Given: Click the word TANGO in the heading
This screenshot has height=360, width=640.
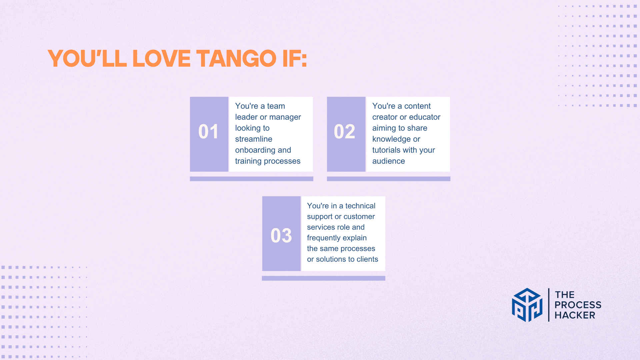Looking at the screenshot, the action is (236, 59).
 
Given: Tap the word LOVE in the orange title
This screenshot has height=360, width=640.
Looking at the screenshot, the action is (162, 59).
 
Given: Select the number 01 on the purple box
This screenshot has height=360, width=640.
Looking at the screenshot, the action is (208, 131).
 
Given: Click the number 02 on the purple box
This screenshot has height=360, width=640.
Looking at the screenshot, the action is (345, 131).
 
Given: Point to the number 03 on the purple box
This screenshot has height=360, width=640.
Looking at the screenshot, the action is (281, 235).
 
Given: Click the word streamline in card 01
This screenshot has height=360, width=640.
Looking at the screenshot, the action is (254, 139).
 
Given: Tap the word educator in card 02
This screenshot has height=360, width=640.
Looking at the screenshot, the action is (425, 117).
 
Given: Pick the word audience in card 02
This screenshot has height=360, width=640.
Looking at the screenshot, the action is (389, 161).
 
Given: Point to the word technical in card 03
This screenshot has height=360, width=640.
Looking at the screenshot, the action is (360, 206).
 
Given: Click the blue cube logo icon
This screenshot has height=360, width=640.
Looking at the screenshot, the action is (527, 305).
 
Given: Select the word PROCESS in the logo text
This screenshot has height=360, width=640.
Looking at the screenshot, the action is (578, 305).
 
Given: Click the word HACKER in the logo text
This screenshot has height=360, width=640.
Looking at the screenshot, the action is (575, 315).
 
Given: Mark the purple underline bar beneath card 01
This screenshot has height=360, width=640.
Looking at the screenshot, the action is (252, 179).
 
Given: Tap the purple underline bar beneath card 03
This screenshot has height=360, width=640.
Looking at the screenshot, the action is (324, 278).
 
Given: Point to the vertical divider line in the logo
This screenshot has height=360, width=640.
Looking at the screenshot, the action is (549, 305).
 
